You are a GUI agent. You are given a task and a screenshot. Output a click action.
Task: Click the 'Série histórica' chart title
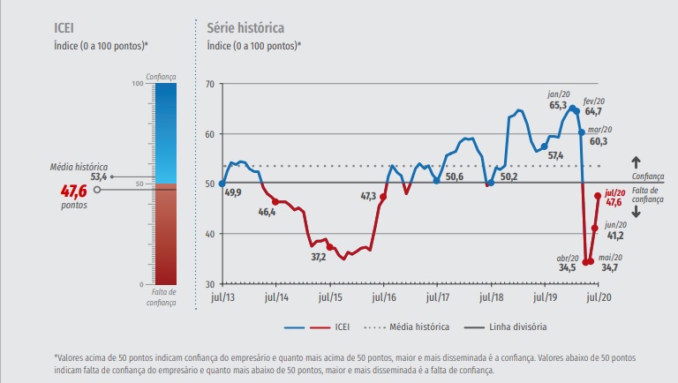tap(245, 27)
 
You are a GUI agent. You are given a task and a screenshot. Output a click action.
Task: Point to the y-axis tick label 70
tap(209, 84)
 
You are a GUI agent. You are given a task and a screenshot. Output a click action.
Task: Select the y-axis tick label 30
tap(209, 284)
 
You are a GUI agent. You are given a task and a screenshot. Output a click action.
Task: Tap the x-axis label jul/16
tap(382, 299)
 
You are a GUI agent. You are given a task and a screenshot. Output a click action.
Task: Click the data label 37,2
tap(319, 257)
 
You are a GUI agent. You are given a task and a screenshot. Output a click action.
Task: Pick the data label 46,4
tap(267, 212)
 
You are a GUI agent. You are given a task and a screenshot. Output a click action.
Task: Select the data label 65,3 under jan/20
tap(558, 105)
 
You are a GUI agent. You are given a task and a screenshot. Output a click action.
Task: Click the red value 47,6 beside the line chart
tap(614, 202)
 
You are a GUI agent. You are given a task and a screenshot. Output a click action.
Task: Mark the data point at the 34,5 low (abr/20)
tap(585, 262)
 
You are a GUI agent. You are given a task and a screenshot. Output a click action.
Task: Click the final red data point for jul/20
tap(599, 196)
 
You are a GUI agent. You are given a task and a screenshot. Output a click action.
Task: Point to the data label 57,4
tap(555, 155)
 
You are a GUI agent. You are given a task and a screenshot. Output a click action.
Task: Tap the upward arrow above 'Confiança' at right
tap(636, 162)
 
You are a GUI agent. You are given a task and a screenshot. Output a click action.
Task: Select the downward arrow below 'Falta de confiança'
tap(636, 212)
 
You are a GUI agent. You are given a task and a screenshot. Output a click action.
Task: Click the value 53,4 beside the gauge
tap(100, 176)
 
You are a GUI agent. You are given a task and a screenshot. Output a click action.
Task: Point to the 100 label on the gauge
tap(137, 84)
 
